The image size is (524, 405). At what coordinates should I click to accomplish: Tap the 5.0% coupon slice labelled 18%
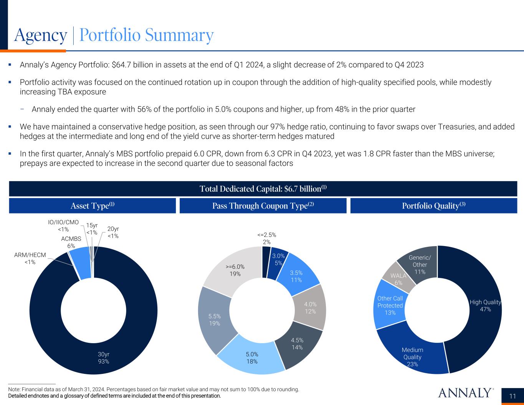252,357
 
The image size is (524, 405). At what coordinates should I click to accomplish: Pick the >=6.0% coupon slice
235,270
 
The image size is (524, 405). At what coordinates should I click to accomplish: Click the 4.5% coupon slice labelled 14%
297,344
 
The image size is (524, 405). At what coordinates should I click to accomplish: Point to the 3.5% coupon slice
296,276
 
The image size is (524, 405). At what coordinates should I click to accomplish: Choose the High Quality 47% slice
485,306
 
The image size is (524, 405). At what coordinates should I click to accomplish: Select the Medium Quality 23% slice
412,357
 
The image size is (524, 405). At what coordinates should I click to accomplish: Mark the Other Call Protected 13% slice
390,306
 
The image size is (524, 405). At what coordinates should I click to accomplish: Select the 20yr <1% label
113,233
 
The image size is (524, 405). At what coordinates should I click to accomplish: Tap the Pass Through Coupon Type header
263,206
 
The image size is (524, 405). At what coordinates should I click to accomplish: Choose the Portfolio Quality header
434,206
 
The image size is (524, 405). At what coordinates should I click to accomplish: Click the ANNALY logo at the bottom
466,393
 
